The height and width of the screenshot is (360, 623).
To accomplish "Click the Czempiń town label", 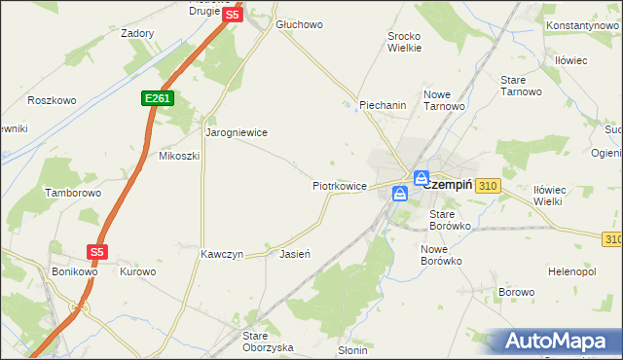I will tap(448, 183).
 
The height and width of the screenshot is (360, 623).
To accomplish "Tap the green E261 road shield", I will tap(156, 98).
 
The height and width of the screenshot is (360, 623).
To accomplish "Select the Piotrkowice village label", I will tap(339, 185).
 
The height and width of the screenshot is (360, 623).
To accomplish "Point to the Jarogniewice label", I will tap(236, 131).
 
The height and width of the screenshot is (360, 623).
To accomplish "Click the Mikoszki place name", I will tap(179, 156).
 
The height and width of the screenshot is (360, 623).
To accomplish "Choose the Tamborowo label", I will tap(73, 194).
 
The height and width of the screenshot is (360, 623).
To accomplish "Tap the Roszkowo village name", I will tap(52, 100).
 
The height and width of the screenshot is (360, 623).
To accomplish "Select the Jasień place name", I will tap(294, 254).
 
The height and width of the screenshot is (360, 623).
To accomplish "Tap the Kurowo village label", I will tap(137, 271).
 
